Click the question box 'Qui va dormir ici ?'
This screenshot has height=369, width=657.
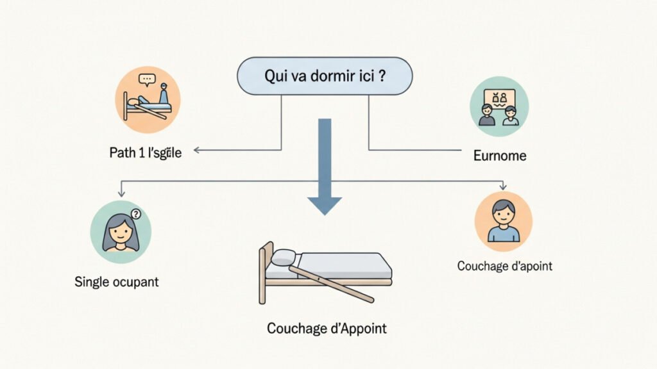point(324,76)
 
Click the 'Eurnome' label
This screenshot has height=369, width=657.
point(499,155)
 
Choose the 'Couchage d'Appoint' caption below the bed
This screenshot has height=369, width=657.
point(327,328)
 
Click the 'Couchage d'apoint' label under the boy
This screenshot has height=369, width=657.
point(504,266)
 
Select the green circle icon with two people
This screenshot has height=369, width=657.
point(499,106)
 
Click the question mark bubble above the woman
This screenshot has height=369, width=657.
point(135,214)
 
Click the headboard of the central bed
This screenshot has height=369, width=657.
point(262,272)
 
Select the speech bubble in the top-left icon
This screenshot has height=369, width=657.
point(147,80)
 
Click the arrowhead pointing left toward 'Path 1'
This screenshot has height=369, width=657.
point(198,151)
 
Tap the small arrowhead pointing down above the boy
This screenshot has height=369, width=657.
point(503,186)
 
